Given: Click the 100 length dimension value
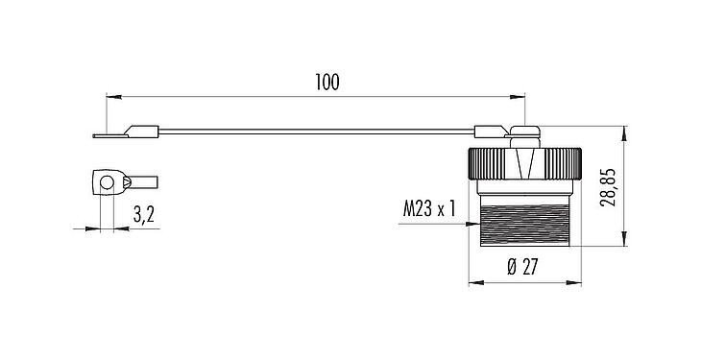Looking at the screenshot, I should (x=326, y=83).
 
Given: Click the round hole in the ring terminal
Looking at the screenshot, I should (x=103, y=180).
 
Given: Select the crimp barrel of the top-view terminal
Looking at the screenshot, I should (x=141, y=180).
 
